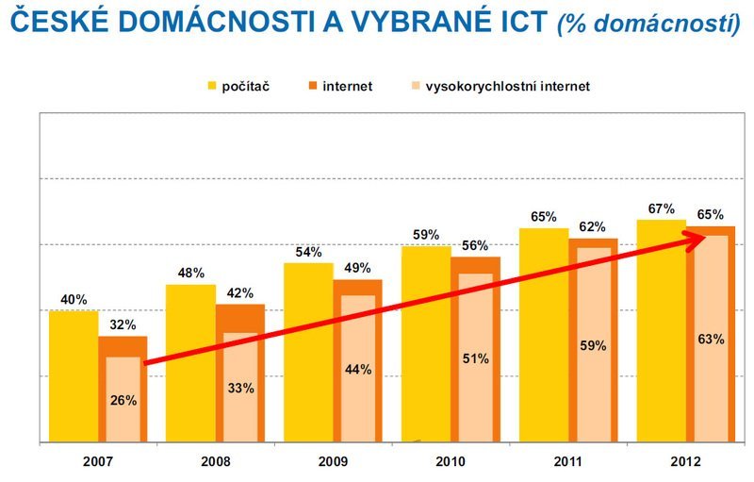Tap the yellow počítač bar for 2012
(x=661, y=330)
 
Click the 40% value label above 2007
(x=74, y=300)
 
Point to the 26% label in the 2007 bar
(x=123, y=400)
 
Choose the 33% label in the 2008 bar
(x=240, y=388)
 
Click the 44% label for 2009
(x=358, y=370)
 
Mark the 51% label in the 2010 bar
(x=476, y=357)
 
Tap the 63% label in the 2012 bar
(x=711, y=338)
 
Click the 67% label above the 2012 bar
(x=661, y=208)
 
